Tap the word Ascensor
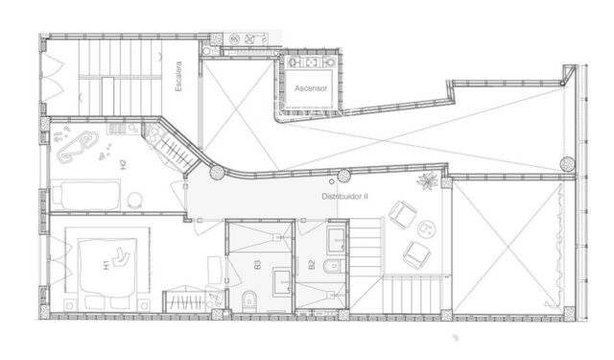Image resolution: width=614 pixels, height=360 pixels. (x=311, y=88)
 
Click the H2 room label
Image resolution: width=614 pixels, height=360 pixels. (x=123, y=164)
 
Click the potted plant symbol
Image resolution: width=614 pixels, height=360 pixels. (x=425, y=182)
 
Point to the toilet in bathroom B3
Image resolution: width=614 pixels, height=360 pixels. (x=248, y=298)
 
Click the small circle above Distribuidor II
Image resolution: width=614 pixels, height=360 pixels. (x=332, y=180)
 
